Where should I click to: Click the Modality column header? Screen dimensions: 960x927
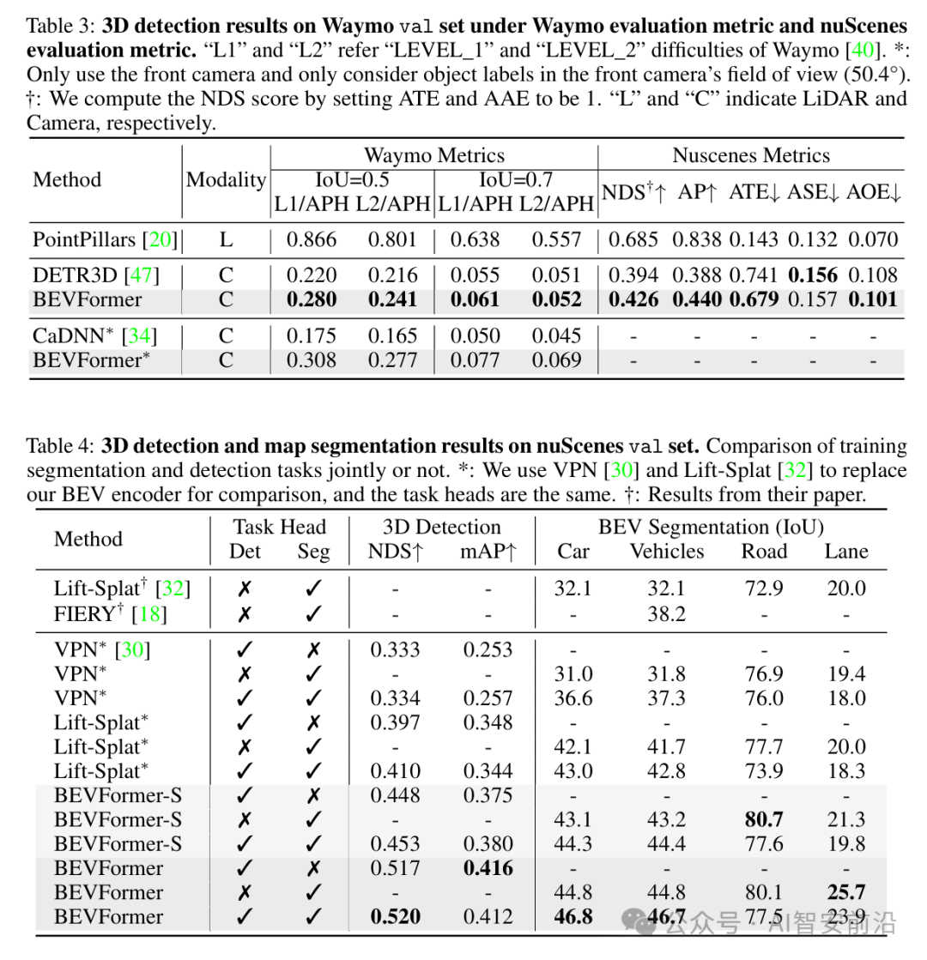click(x=227, y=180)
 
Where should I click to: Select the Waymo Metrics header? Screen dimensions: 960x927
click(x=434, y=156)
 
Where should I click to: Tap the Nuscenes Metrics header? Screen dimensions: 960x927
click(x=751, y=156)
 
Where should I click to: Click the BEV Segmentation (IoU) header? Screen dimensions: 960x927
click(x=711, y=527)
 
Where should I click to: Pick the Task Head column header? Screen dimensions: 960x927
click(x=280, y=527)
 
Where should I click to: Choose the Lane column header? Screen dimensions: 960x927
click(x=846, y=552)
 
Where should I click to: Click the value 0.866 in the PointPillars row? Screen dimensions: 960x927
click(x=312, y=239)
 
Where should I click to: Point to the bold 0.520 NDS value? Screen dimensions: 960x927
click(x=396, y=916)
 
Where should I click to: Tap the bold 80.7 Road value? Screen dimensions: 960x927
click(x=763, y=819)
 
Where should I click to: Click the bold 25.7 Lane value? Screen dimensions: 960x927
click(x=846, y=892)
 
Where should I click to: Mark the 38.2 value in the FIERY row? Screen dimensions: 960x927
click(x=666, y=613)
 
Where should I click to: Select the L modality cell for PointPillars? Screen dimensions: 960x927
click(x=226, y=239)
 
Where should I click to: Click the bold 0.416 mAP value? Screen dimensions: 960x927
click(x=488, y=868)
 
